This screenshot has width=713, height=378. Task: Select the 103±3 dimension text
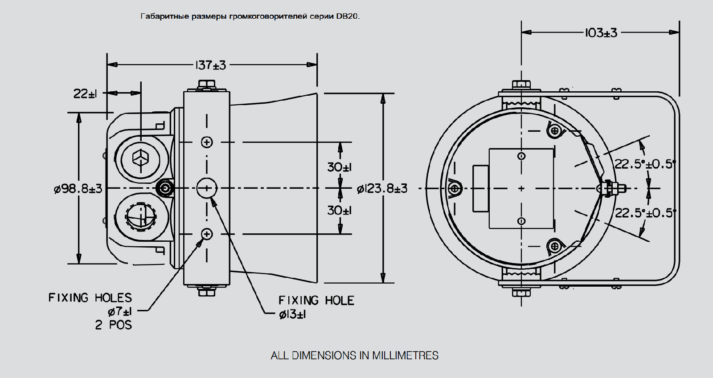tap(601, 33)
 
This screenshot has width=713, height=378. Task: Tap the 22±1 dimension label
tap(85, 93)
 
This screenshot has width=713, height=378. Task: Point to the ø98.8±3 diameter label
tap(78, 189)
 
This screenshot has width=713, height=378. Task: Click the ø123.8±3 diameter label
tap(382, 189)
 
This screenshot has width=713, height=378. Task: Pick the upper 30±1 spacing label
tap(339, 167)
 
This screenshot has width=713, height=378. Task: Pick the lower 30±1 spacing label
tap(339, 210)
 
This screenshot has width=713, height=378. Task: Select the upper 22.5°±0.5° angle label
tap(645, 164)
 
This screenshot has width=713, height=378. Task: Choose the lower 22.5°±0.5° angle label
tap(645, 213)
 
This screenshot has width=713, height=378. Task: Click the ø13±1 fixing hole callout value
tap(292, 314)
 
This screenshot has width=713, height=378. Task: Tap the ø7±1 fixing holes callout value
tap(119, 311)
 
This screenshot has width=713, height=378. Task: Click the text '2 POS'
tap(114, 325)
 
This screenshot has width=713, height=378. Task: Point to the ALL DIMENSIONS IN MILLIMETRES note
tap(355, 355)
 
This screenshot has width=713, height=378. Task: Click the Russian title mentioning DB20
tap(250, 16)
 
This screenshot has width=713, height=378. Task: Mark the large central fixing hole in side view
tap(207, 188)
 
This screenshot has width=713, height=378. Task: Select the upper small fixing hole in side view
tap(207, 142)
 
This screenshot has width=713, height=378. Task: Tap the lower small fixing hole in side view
tap(207, 234)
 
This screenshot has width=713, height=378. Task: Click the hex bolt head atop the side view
tap(206, 85)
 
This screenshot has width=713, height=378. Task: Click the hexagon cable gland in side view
tap(140, 158)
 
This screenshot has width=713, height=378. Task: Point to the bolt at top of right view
tap(521, 84)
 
